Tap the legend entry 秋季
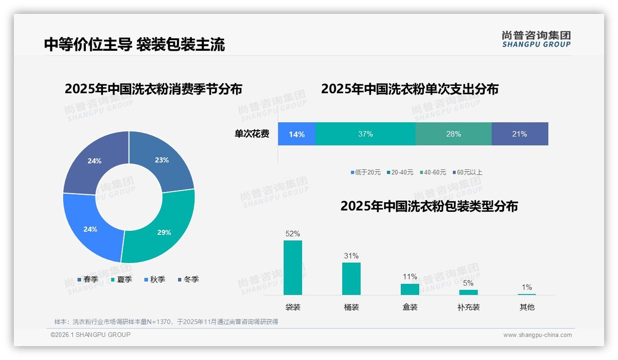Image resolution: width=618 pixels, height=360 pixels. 154,279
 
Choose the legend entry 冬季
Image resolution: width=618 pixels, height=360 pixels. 188,279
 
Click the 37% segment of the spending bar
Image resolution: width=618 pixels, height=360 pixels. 365,134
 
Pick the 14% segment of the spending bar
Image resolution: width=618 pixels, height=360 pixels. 297,134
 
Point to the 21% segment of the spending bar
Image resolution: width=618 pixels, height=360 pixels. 519,134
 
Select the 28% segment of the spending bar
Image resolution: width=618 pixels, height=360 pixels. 453,134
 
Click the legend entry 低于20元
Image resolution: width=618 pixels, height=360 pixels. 366,172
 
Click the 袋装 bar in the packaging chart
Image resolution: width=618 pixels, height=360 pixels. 293,268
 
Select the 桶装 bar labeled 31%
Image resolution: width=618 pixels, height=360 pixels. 351,279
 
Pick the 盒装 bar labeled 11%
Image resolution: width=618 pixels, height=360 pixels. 410,289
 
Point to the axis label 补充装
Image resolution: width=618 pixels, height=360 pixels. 469,307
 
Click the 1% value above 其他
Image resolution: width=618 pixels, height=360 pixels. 527,287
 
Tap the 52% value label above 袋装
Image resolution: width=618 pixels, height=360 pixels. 293,234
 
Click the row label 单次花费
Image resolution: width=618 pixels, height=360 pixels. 252,134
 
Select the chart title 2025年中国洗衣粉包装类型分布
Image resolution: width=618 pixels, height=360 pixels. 429,206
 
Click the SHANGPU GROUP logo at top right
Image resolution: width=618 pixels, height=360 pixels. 536,39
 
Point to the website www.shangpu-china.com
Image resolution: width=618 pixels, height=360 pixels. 537,335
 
